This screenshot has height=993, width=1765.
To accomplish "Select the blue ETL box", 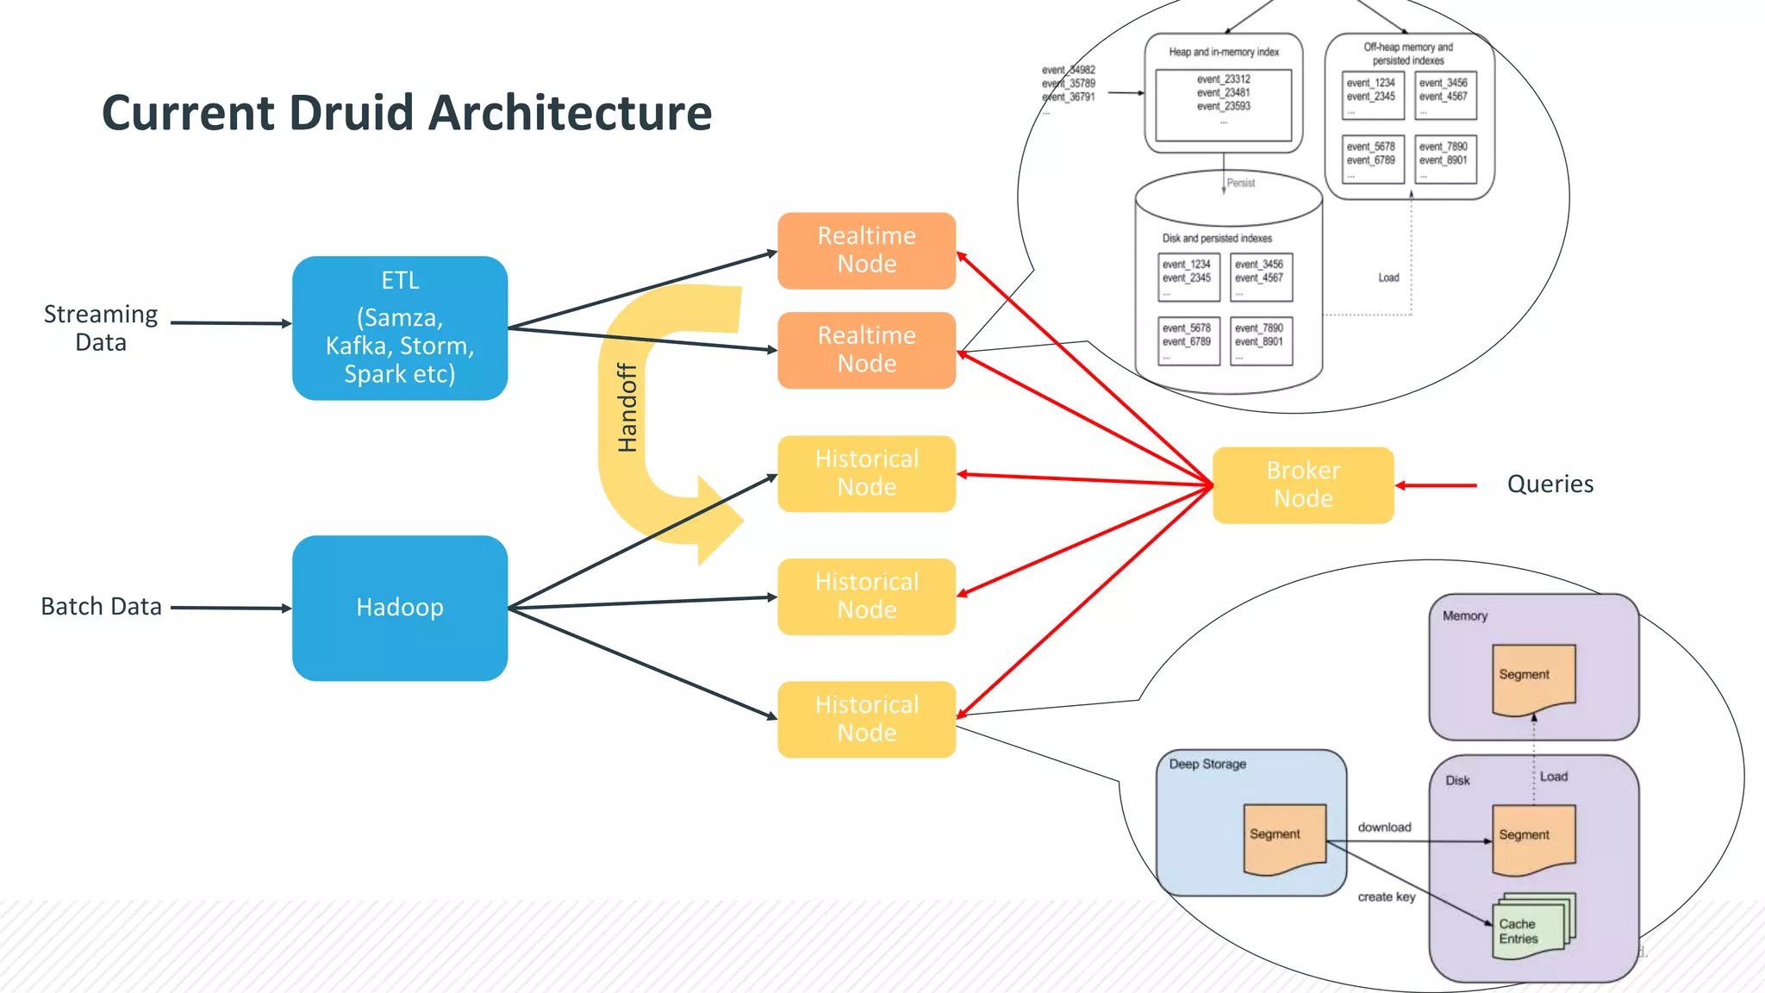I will (x=399, y=328).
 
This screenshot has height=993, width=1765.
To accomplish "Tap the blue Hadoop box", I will (x=399, y=608).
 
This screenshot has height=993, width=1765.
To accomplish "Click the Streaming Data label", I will (x=101, y=328).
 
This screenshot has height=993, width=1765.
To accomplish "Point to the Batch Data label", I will (x=101, y=607).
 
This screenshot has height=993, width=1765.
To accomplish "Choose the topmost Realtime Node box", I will (x=866, y=250).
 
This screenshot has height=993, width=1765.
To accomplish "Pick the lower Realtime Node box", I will (x=866, y=350).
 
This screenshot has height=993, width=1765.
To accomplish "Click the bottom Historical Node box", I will (x=866, y=719).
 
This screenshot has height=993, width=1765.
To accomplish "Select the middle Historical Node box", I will (x=866, y=596).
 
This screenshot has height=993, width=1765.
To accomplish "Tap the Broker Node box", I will (x=1302, y=484).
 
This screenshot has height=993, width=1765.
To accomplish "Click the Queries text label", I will (x=1550, y=484).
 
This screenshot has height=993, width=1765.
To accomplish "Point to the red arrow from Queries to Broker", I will (x=1437, y=485).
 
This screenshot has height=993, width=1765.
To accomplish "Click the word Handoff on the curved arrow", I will (x=627, y=408).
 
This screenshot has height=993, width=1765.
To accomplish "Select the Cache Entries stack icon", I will (x=1531, y=928).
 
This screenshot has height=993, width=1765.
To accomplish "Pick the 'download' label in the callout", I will (x=1384, y=827).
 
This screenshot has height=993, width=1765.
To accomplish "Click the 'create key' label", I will (x=1386, y=897).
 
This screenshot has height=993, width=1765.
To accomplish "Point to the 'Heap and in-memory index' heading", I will (x=1223, y=52).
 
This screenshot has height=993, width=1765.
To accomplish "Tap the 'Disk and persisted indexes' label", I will (x=1216, y=238).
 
